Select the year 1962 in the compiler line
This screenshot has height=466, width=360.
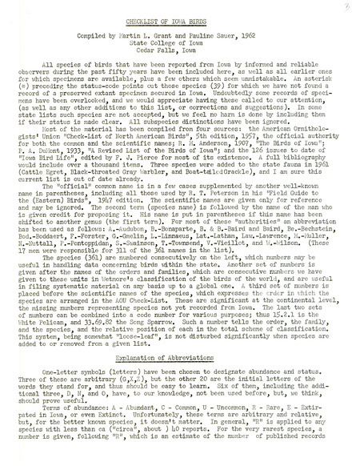tap(251, 38)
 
